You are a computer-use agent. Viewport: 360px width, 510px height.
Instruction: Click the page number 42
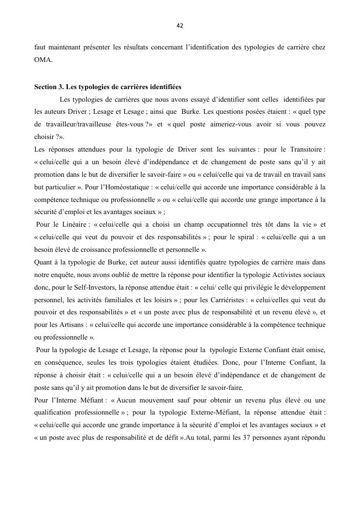click(180, 26)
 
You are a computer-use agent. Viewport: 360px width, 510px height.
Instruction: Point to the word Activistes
click(285, 275)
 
